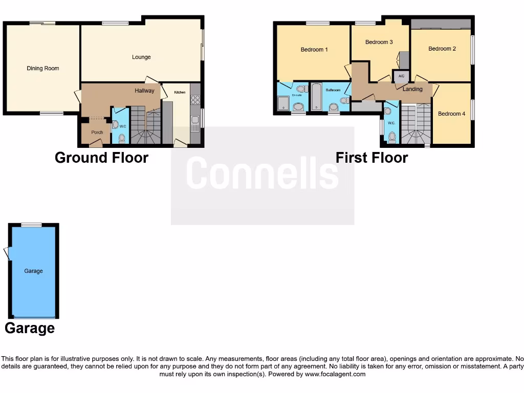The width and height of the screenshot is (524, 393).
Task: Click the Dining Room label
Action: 43,69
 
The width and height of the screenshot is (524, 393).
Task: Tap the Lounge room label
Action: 141,57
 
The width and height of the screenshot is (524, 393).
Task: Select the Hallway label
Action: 144,91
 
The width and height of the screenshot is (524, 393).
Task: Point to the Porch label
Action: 97,133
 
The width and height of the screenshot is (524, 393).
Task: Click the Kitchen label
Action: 180,92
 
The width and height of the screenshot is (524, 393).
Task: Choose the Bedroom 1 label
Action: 314,50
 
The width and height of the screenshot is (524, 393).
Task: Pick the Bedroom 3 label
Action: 379,42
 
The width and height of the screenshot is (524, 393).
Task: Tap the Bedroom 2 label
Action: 442,49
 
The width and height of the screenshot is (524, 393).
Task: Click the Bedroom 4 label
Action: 452,114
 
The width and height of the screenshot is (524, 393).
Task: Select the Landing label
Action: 412,89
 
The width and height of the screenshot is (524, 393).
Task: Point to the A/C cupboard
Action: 401,76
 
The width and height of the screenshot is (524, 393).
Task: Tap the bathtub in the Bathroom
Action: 316,97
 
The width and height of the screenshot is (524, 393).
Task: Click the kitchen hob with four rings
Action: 195,100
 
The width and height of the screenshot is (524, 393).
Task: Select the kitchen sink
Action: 195,123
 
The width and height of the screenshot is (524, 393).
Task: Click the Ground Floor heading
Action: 101,158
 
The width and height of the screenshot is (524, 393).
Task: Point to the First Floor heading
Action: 372,158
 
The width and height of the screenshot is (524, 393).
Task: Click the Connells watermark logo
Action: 262,173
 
